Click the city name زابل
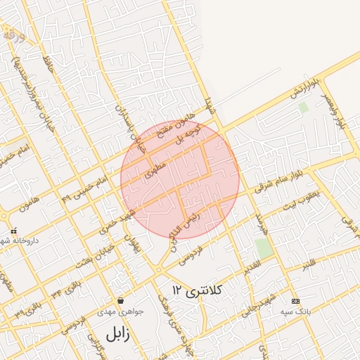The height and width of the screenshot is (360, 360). (117, 333)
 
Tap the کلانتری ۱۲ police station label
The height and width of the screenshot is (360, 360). (197, 290)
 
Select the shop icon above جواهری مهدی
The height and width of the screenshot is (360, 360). (121, 300)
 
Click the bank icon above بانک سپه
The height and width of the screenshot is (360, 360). (295, 300)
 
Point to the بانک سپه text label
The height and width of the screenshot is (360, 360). (295, 311)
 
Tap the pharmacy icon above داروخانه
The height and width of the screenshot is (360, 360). (13, 231)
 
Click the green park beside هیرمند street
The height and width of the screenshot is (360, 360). (264, 248)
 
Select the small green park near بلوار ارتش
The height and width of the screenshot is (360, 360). (304, 108)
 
